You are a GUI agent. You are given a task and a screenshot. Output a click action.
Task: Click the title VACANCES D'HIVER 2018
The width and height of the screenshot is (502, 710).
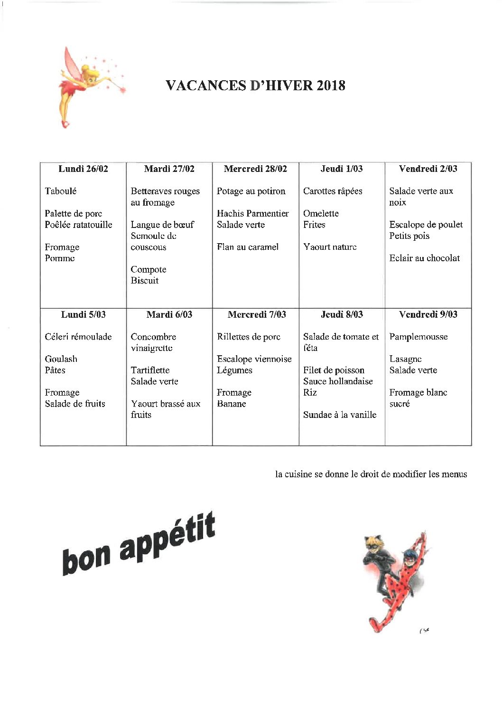pos(255,85)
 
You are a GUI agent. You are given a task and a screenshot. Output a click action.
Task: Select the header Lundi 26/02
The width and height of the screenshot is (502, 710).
pos(83,169)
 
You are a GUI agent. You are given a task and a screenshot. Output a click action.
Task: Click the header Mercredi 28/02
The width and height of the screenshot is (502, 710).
pos(255,169)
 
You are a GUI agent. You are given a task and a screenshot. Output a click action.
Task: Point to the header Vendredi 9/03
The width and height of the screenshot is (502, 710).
pos(428,314)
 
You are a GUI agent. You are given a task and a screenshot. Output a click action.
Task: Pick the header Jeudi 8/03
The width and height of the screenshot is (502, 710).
pos(342,314)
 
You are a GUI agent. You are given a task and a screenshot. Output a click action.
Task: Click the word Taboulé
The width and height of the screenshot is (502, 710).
pos(60,191)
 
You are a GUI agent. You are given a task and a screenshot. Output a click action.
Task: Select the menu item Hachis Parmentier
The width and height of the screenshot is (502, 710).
pos(252,213)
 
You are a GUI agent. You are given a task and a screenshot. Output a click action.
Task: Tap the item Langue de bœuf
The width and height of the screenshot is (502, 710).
pos(162,225)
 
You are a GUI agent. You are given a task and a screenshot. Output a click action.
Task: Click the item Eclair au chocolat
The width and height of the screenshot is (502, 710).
pos(424,258)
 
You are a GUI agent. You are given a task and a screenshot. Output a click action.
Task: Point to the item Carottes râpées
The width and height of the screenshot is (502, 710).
pos(333,191)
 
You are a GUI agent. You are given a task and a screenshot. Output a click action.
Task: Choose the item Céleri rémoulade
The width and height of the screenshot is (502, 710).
pos(78,337)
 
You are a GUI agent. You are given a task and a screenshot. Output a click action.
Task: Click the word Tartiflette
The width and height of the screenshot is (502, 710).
pos(150,370)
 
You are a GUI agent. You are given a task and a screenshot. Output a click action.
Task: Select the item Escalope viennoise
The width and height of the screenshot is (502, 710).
pos(254,359)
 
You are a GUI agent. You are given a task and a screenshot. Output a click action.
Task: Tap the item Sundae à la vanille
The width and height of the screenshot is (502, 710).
pos(340,415)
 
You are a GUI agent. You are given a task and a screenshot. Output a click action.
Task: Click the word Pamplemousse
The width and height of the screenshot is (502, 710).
pos(418,337)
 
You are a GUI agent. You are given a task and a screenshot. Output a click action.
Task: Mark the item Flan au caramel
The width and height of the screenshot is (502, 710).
pos(248,247)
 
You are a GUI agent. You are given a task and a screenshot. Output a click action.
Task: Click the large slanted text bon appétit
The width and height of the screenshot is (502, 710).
pos(139,544)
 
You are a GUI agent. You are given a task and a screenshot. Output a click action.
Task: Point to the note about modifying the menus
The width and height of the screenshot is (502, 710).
pos(371,474)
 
